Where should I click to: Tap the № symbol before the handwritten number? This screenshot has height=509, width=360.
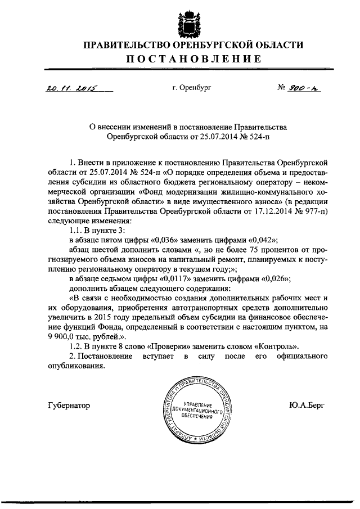[283, 88]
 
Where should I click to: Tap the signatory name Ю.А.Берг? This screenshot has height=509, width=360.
[308, 406]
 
